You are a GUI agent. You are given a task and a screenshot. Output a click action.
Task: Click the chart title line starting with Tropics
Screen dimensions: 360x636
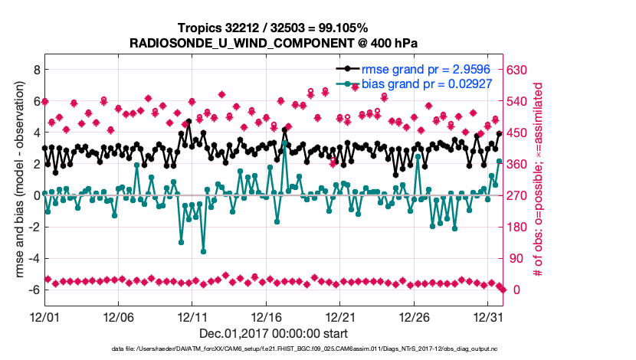click(x=273, y=28)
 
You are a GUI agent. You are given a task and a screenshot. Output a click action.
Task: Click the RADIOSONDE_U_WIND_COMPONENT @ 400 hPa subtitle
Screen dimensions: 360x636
click(x=273, y=43)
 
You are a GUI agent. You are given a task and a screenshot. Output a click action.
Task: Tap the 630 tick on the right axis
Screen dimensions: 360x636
click(x=518, y=69)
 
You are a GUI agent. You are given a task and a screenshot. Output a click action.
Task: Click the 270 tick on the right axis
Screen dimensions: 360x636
click(x=518, y=195)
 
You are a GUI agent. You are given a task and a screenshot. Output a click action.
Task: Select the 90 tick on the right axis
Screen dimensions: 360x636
click(x=515, y=258)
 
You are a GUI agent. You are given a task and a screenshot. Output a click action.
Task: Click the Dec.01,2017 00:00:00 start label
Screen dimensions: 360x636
click(x=273, y=333)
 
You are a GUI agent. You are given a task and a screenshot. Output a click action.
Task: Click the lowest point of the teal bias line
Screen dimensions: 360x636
click(x=204, y=251)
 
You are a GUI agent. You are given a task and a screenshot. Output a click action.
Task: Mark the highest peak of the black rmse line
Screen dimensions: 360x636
click(x=189, y=121)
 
